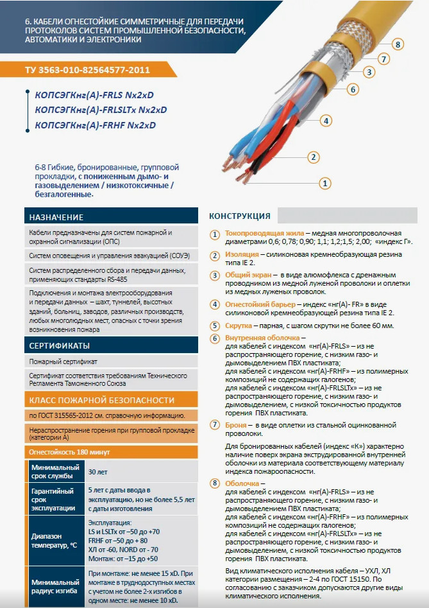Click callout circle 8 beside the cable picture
pyautogui.click(x=398, y=44)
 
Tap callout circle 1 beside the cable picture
pyautogui.click(x=325, y=184)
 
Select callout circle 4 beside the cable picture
pyautogui.click(x=326, y=120)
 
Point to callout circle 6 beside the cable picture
pyautogui.click(x=353, y=89)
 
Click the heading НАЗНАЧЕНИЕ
pyautogui.click(x=56, y=217)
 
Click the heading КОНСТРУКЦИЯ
pyautogui.click(x=240, y=216)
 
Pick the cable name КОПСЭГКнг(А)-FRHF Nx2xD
pyautogui.click(x=95, y=126)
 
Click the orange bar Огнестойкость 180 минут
pyautogui.click(x=71, y=451)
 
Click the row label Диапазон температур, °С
pyautogui.click(x=55, y=541)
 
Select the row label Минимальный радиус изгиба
pyautogui.click(x=55, y=587)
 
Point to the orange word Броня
pyautogui.click(x=238, y=425)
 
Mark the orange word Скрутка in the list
pyautogui.click(x=240, y=326)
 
